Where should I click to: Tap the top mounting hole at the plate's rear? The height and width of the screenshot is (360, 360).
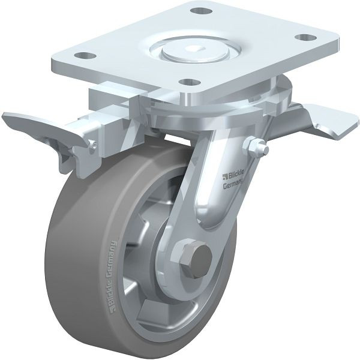pyautogui.click(x=202, y=11)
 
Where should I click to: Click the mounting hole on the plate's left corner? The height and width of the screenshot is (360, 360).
pyautogui.click(x=85, y=55)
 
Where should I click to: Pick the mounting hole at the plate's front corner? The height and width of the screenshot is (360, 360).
pyautogui.click(x=190, y=82)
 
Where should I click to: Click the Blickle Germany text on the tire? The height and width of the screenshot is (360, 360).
pyautogui.click(x=112, y=276)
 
